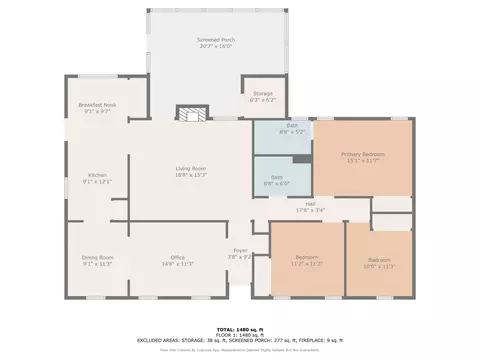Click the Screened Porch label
pos(214,39)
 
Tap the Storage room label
pos(262,93)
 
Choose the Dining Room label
pos(98,257)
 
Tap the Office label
pos(178,257)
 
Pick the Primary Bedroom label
pos(362,154)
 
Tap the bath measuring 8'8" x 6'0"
pos(276,178)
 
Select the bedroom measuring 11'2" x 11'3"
pos(307,261)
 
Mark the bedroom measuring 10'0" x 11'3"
pos(379,261)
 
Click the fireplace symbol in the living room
pos(190,114)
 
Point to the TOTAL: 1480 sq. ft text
pos(240,328)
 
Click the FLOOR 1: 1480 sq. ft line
pos(240,334)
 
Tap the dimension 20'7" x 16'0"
pos(214,46)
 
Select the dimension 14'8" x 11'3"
pos(178,263)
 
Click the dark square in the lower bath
pos(300,160)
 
